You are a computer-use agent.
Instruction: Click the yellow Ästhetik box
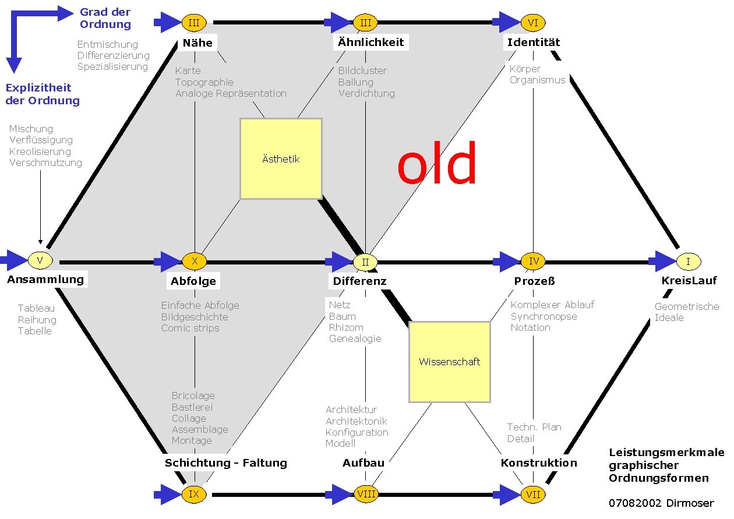281,159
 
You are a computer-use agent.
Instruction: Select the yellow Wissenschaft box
449,362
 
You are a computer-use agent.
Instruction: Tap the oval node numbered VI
532,23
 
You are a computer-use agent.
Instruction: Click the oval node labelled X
195,262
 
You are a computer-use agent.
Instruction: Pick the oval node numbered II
365,262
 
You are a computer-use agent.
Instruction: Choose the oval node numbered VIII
366,495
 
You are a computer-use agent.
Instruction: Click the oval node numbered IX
195,495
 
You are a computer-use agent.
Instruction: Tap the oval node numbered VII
532,495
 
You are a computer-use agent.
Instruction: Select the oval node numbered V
40,260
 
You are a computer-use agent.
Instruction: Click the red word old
437,164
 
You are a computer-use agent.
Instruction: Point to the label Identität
533,42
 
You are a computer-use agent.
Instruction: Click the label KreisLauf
689,281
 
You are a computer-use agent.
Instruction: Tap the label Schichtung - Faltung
226,463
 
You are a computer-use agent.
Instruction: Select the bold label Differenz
359,281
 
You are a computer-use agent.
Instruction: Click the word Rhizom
346,327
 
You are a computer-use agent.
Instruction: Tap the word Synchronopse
544,316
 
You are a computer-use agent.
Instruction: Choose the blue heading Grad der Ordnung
105,18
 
